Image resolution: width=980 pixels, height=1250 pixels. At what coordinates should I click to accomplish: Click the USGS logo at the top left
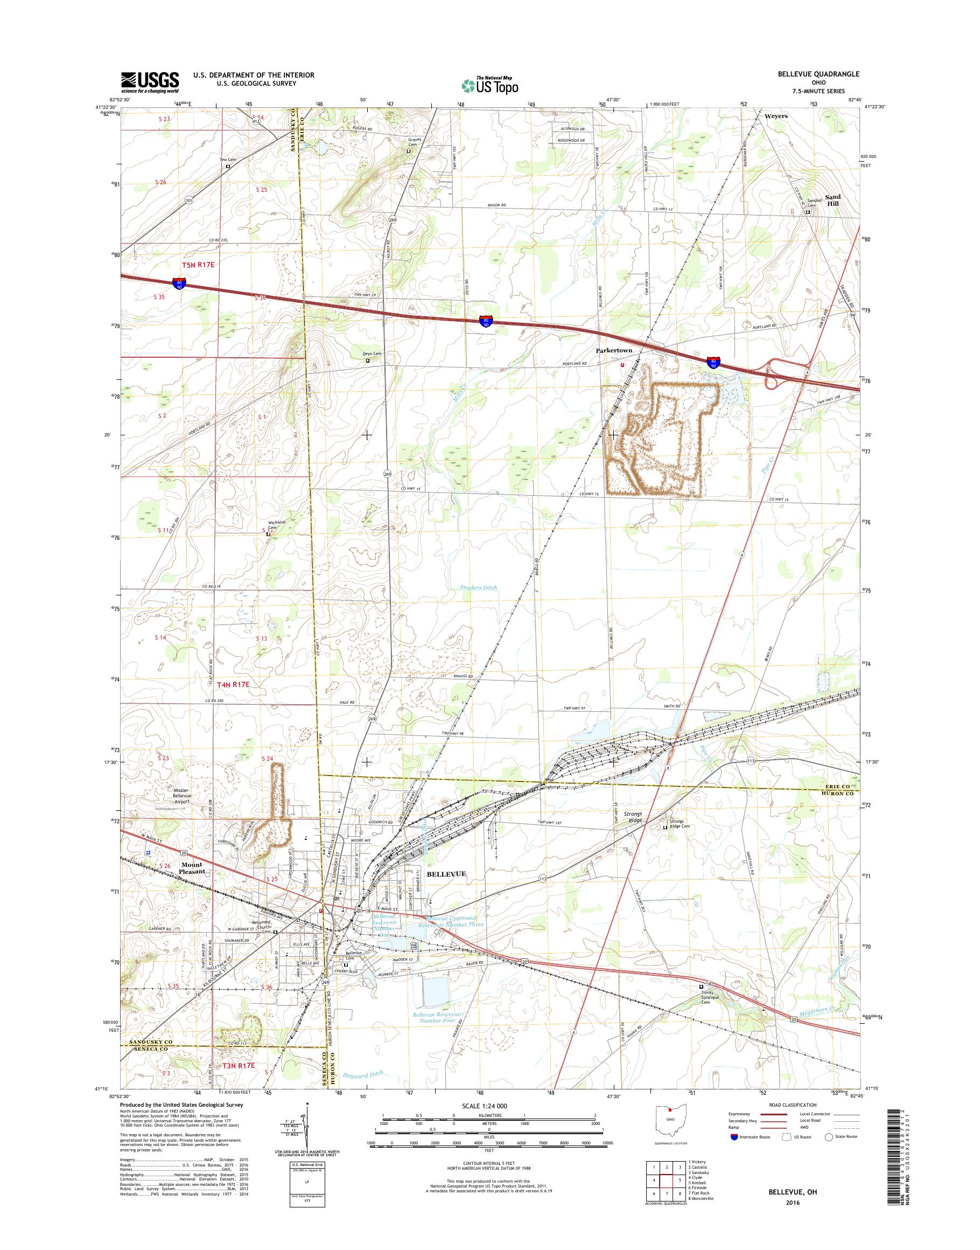coord(150,82)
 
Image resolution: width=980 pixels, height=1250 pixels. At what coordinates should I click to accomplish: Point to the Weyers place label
coord(776,116)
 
